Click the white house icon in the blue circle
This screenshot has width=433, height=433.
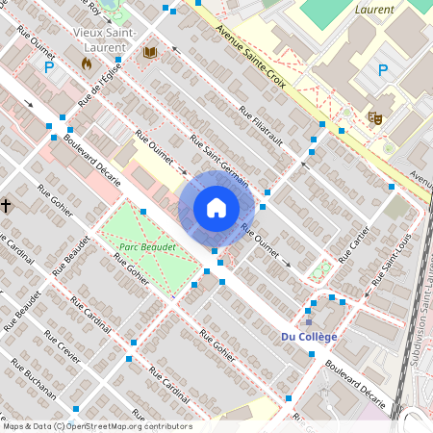[x=216, y=208]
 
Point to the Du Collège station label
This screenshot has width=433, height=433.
[x=309, y=336]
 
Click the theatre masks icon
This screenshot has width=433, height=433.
[x=375, y=117]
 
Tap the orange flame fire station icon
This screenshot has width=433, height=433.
[x=87, y=64]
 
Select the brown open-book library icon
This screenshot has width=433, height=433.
[x=149, y=52]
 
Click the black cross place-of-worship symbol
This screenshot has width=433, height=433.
[x=6, y=205]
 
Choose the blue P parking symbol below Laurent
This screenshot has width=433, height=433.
[x=382, y=69]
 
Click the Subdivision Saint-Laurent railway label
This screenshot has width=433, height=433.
[x=418, y=318]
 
